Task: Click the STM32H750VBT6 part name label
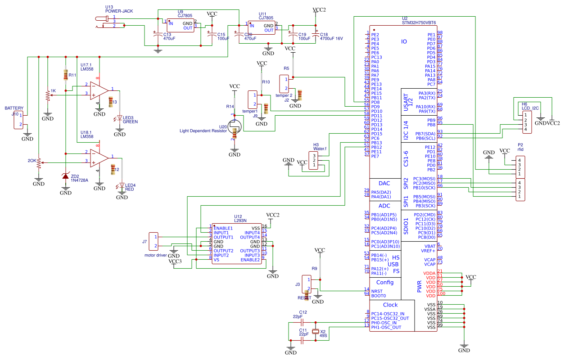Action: (419, 22)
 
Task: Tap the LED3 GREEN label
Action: (130, 120)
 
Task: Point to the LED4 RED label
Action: (130, 188)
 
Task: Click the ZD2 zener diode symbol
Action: (66, 175)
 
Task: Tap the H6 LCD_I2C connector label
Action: (530, 106)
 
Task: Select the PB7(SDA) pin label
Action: (425, 134)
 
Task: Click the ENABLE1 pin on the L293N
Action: (223, 228)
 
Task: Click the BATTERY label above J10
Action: (14, 108)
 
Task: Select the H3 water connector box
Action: (314, 161)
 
